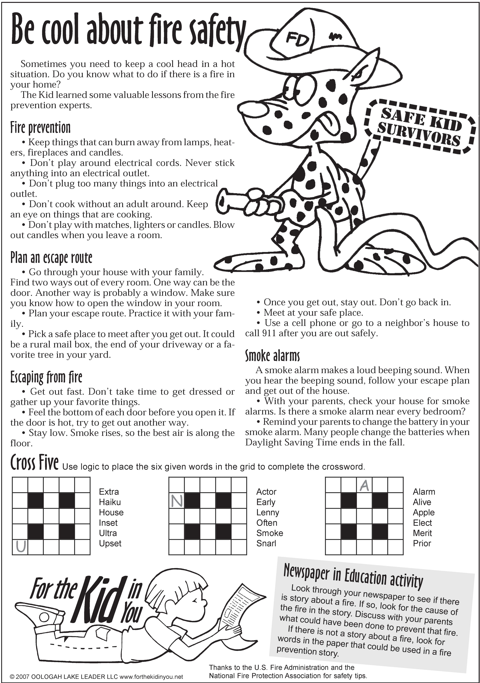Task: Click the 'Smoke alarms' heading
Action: point(272,356)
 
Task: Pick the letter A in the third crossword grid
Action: point(364,485)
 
